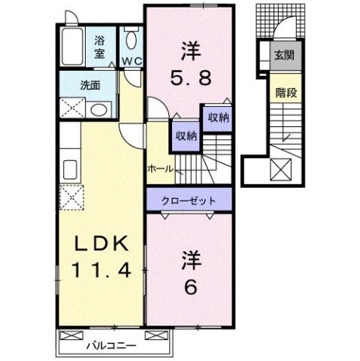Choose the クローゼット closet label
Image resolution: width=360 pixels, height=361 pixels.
pyautogui.click(x=189, y=201)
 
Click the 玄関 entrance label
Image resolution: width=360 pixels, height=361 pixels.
pyautogui.click(x=283, y=55)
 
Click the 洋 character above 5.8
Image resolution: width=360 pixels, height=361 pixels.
pyautogui.click(x=189, y=51)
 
